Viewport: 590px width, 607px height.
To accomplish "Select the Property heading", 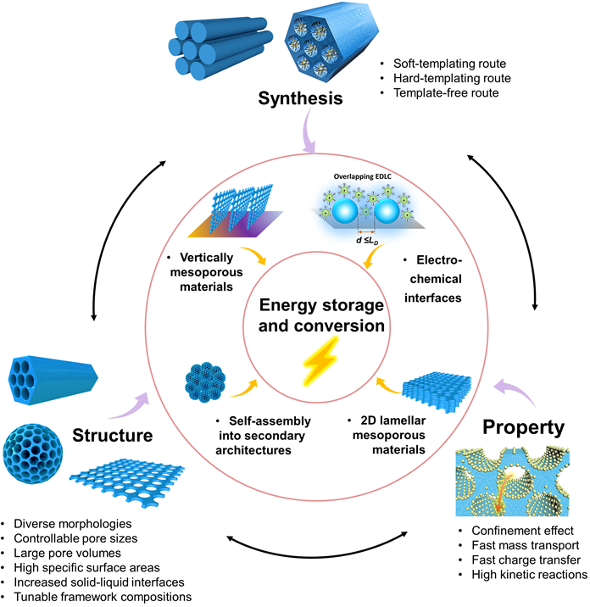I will click(522, 426).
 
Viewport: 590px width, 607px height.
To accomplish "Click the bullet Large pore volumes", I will click(70, 550).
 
